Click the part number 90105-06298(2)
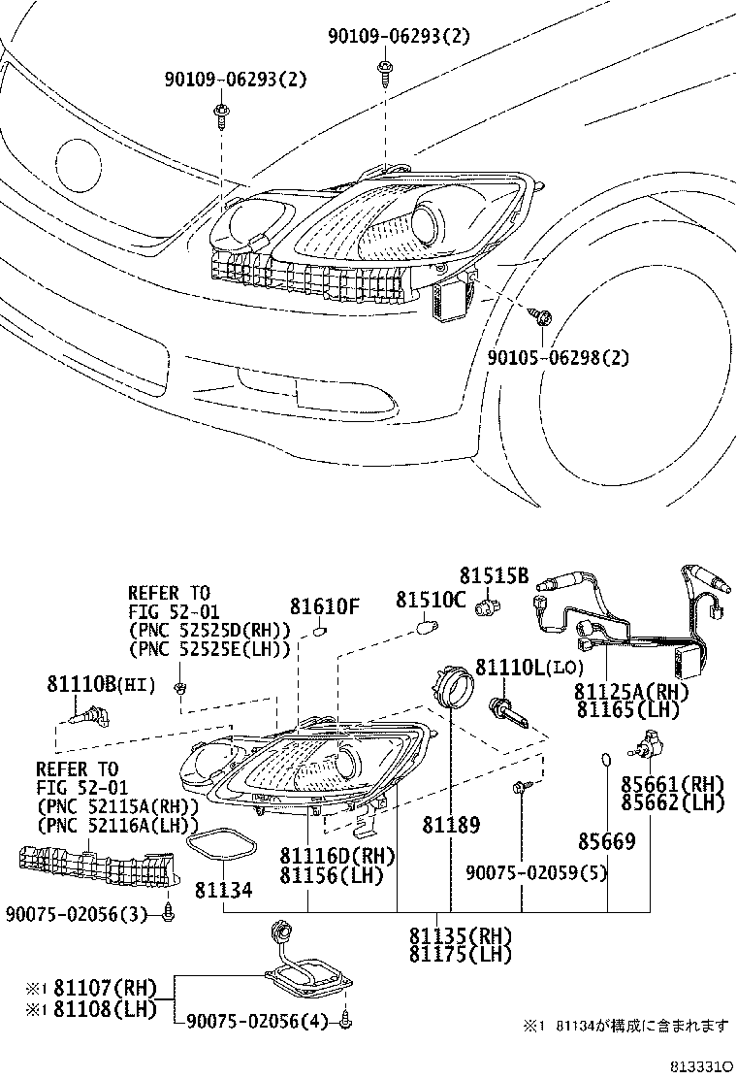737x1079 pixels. [558, 358]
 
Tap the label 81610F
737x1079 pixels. [325, 606]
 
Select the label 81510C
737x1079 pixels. [431, 600]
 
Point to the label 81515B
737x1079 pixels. [495, 575]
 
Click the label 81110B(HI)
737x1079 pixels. [101, 684]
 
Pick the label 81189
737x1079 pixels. [451, 825]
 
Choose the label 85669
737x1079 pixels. [606, 841]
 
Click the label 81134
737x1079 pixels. [223, 890]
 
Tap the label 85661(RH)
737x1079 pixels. [673, 784]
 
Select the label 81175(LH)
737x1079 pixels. [461, 955]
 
